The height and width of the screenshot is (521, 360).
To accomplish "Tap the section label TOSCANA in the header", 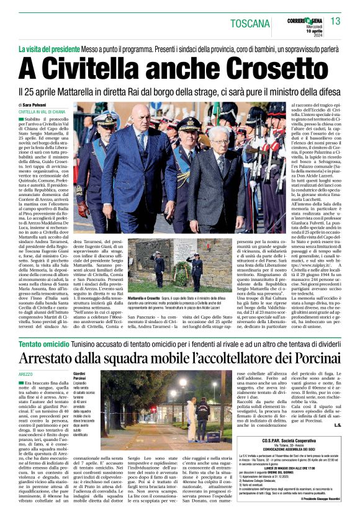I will click(x=250, y=24).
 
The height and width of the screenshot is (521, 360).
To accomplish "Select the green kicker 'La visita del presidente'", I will click(x=60, y=48).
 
